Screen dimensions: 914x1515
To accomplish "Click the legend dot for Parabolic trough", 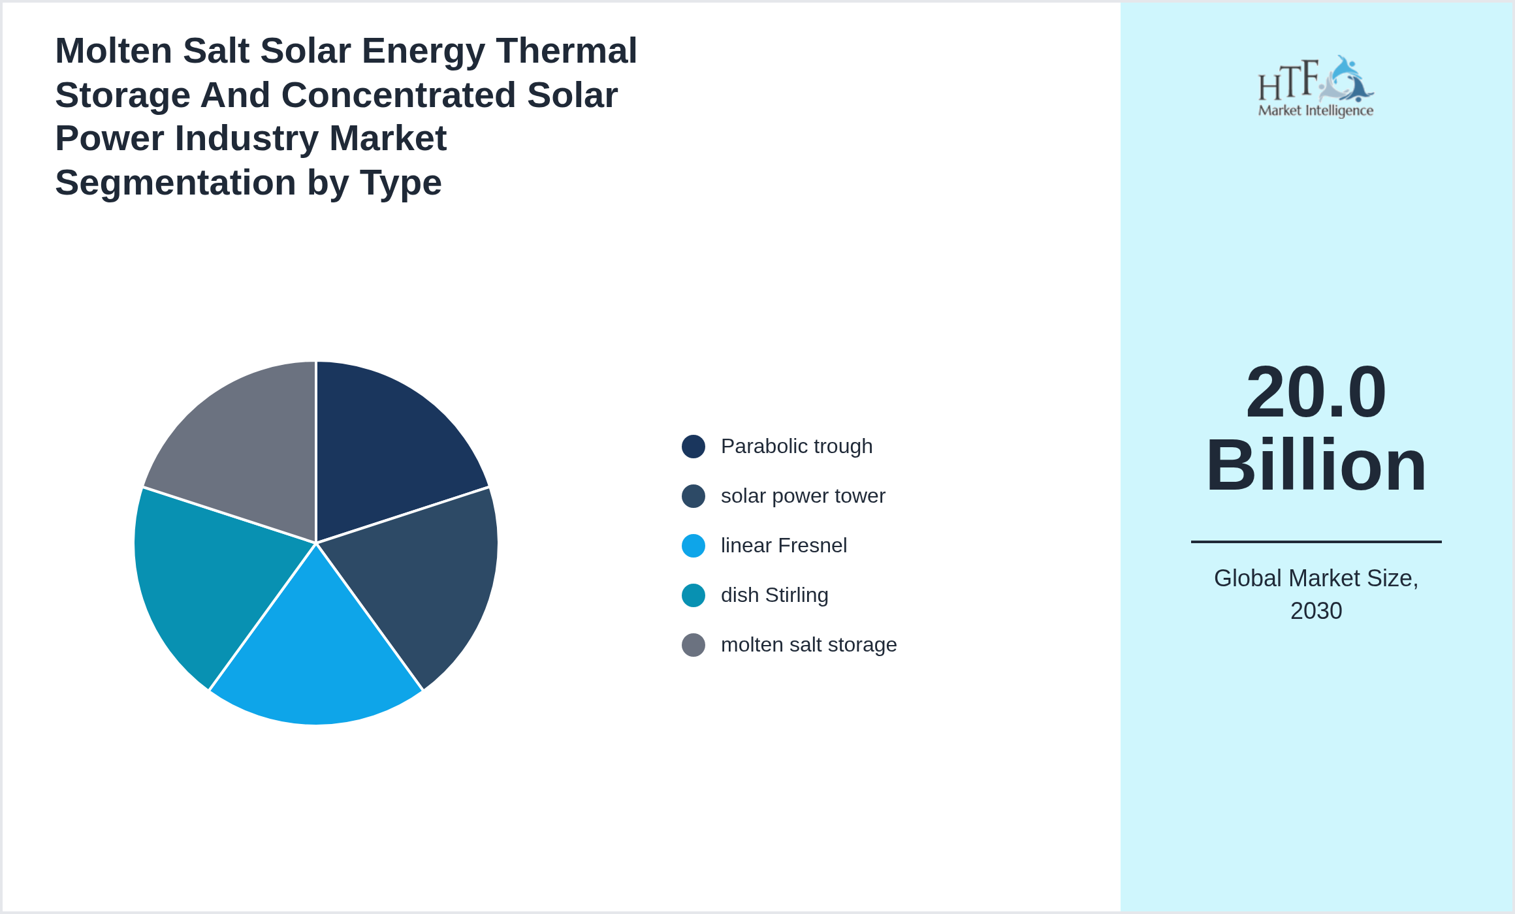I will pyautogui.click(x=693, y=447).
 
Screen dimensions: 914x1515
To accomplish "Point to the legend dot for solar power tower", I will pyautogui.click(x=693, y=496).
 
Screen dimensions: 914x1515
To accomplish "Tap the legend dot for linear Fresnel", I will pyautogui.click(x=693, y=546).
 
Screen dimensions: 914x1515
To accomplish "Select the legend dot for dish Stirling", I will pyautogui.click(x=693, y=595).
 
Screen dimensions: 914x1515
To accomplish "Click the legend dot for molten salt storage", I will pyautogui.click(x=693, y=645).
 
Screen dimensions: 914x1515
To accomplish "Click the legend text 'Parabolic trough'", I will pyautogui.click(x=796, y=447).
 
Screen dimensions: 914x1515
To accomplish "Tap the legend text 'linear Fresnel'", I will pyautogui.click(x=783, y=546).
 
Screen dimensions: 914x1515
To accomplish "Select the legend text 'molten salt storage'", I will pyautogui.click(x=808, y=645).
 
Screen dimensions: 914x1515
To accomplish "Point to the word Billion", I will pyautogui.click(x=1316, y=465).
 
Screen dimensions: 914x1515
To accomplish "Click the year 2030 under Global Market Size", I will pyautogui.click(x=1316, y=611).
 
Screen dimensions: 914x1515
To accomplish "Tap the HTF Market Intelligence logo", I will pyautogui.click(x=1316, y=87).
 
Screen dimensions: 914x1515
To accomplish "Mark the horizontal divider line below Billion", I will pyautogui.click(x=1316, y=541).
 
